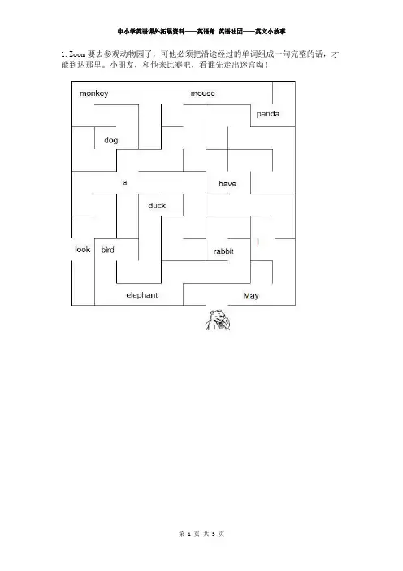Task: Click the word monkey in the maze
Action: click(93, 94)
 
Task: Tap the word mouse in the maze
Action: click(202, 94)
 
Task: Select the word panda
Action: click(267, 114)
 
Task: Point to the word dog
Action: click(111, 140)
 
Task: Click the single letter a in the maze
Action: click(125, 182)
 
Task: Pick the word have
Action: click(227, 184)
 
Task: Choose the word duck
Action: click(157, 206)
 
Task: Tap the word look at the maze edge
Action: click(82, 250)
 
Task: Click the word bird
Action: click(107, 250)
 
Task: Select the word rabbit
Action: click(223, 251)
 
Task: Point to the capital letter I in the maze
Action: click(258, 242)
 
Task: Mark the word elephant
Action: click(142, 295)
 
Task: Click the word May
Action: click(251, 295)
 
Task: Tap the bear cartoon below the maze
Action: click(218, 320)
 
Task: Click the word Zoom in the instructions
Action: click(77, 54)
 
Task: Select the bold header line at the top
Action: click(201, 32)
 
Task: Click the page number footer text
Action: click(201, 534)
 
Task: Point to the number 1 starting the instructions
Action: click(63, 54)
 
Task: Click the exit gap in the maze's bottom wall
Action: click(217, 305)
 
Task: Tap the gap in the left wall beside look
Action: click(72, 250)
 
